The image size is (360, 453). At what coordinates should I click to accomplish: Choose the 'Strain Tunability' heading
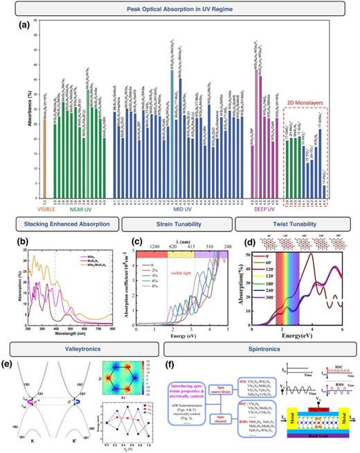click(x=178, y=225)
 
